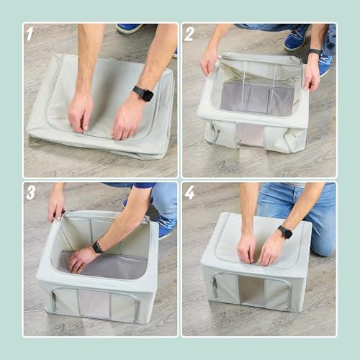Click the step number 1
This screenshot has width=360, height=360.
coord(30,33)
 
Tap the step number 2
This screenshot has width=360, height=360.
coord(189,33)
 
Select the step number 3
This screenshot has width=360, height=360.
coord(30,192)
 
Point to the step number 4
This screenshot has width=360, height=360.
coord(189,192)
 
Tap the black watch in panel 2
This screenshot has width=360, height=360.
coord(315,53)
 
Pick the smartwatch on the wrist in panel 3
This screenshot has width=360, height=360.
coord(97,247)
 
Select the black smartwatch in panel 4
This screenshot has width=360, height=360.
coord(285,232)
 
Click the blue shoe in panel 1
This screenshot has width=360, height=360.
coord(130,28)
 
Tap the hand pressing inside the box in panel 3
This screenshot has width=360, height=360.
coord(81,258)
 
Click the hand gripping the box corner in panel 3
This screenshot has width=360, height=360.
coord(56,207)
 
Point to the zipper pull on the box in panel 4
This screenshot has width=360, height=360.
coord(214,287)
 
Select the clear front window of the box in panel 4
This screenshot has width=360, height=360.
coord(251,292)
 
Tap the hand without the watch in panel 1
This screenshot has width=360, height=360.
coord(80,112)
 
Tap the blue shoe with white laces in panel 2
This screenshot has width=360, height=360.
coord(296,39)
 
